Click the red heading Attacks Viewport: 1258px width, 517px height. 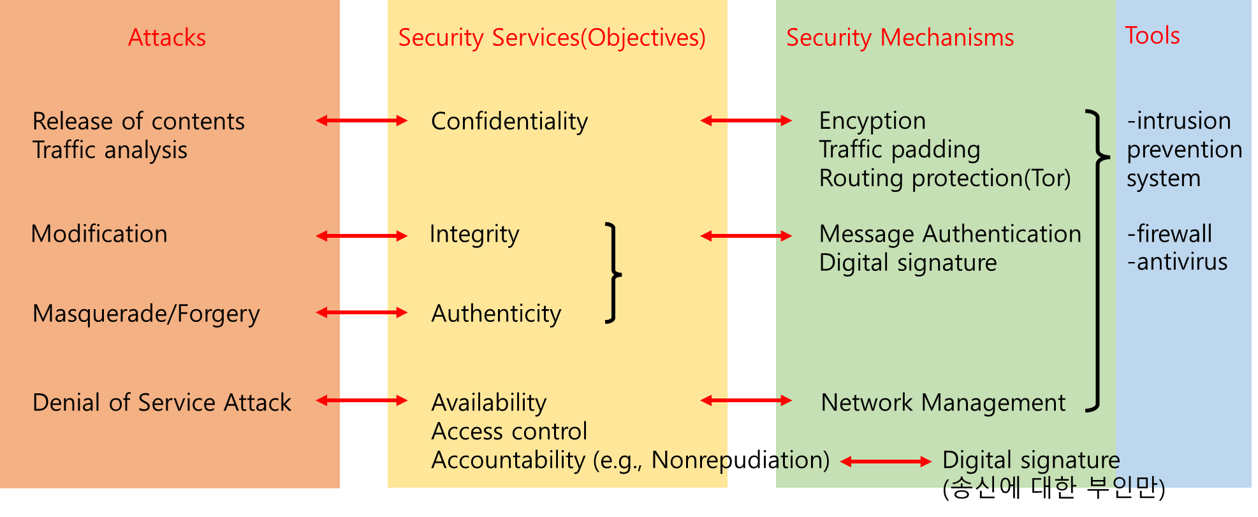(167, 38)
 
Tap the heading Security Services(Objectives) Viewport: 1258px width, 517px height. (552, 38)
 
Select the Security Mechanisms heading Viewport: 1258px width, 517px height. (900, 38)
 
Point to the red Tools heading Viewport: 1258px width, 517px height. (1152, 36)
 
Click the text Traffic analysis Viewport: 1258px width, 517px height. (110, 150)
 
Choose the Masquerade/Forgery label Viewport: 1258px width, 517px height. (146, 314)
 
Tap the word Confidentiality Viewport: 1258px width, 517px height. (509, 121)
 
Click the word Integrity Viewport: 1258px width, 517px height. (474, 235)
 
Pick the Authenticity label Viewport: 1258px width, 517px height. (496, 314)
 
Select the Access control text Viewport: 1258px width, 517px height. (509, 432)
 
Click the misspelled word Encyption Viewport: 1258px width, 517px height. (872, 121)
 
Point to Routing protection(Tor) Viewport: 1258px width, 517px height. (945, 178)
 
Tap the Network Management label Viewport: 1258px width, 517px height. (943, 403)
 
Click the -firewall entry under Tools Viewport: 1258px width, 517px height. (1169, 234)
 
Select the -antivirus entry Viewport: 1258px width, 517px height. (1177, 262)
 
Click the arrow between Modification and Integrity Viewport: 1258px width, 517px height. (362, 237)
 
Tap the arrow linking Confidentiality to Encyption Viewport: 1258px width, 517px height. (746, 120)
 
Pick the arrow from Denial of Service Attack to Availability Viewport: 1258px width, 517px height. (362, 400)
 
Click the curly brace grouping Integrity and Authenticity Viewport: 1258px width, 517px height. (613, 273)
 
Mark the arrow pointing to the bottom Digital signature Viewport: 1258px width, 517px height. (886, 462)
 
